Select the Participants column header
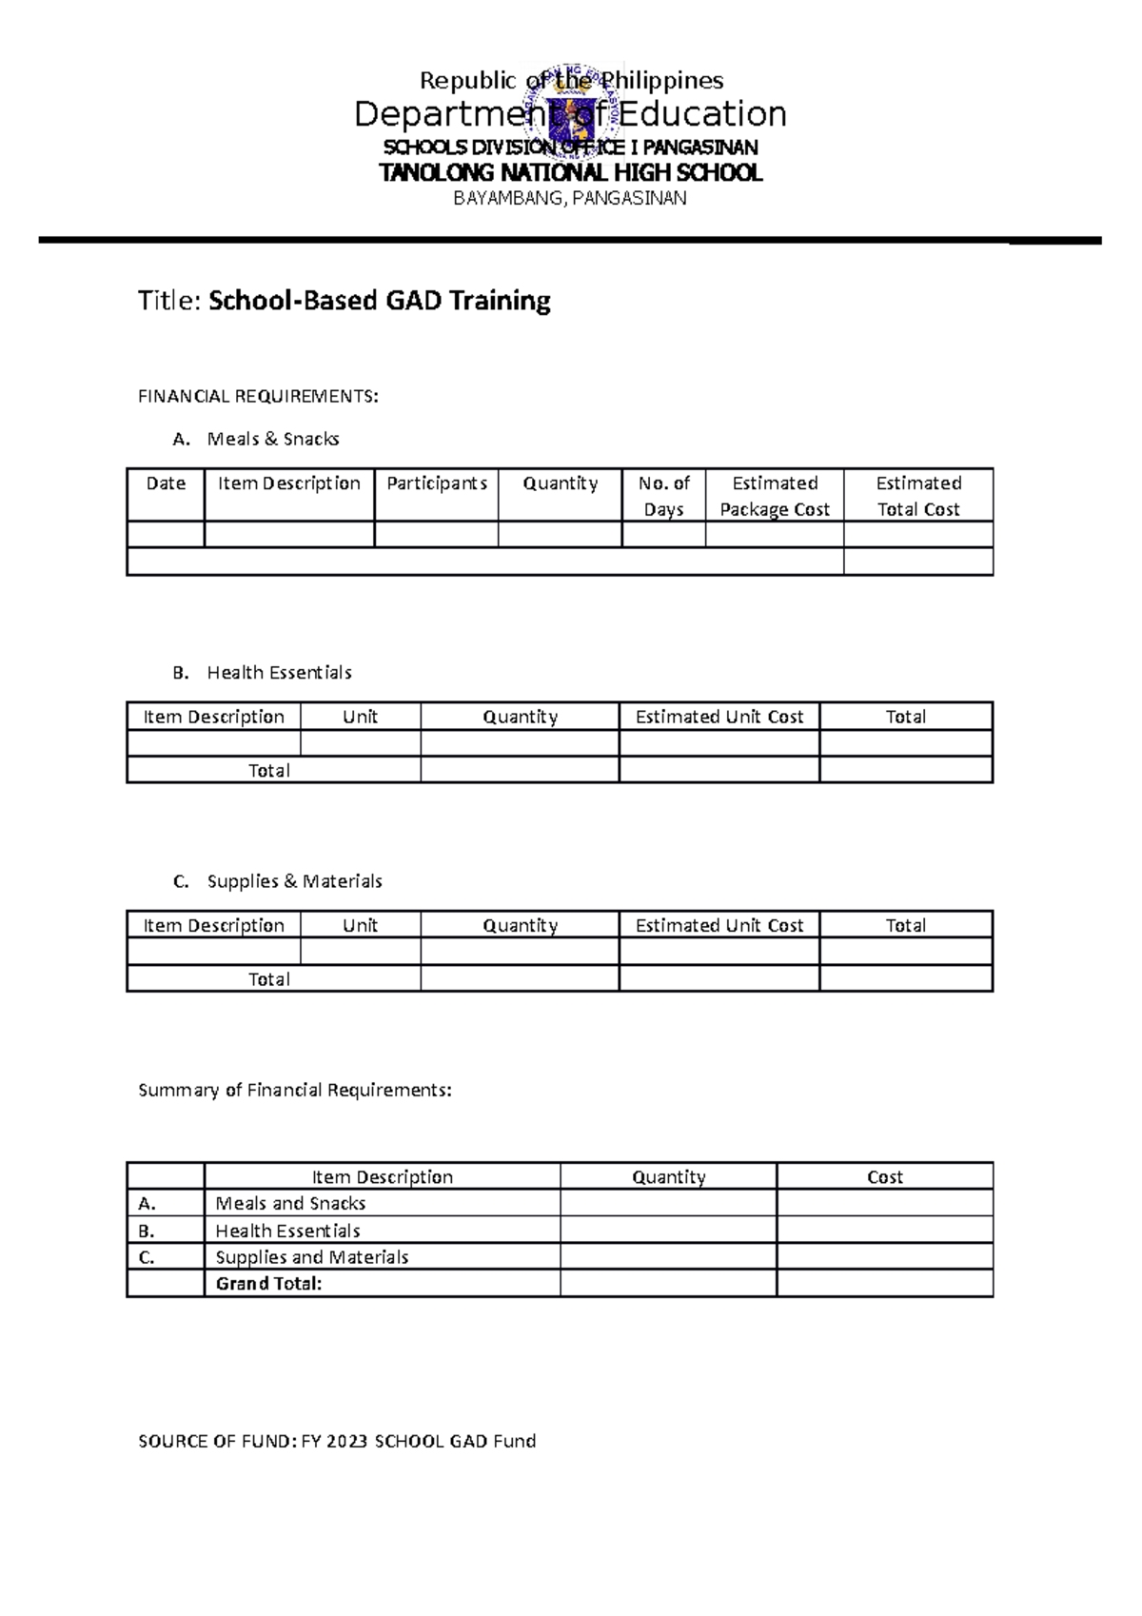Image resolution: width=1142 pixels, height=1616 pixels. click(437, 483)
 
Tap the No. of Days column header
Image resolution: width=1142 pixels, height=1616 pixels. click(663, 496)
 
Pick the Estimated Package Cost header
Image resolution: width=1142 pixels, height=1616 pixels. click(775, 496)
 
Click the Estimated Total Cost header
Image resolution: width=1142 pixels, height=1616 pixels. click(918, 496)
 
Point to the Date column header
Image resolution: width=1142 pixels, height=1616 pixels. click(166, 483)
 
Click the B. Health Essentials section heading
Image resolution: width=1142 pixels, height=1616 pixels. click(262, 673)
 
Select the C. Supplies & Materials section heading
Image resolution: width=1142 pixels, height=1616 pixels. click(277, 881)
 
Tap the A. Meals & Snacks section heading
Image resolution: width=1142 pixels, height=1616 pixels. click(256, 439)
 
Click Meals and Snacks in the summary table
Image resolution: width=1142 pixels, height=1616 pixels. click(290, 1204)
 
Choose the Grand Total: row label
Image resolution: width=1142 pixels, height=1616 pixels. click(268, 1284)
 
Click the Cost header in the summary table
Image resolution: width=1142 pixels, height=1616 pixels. click(884, 1177)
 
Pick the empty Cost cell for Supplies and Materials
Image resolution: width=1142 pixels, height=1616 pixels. click(884, 1257)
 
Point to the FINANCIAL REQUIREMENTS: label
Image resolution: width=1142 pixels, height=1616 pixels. click(258, 397)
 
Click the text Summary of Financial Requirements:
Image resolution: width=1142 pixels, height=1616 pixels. click(295, 1091)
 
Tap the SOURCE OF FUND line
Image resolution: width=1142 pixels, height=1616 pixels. click(337, 1442)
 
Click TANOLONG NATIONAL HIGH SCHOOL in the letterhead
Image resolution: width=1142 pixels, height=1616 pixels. click(570, 173)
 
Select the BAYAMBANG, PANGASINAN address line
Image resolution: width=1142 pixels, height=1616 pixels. click(570, 199)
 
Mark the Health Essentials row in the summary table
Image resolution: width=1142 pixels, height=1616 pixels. click(287, 1231)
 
